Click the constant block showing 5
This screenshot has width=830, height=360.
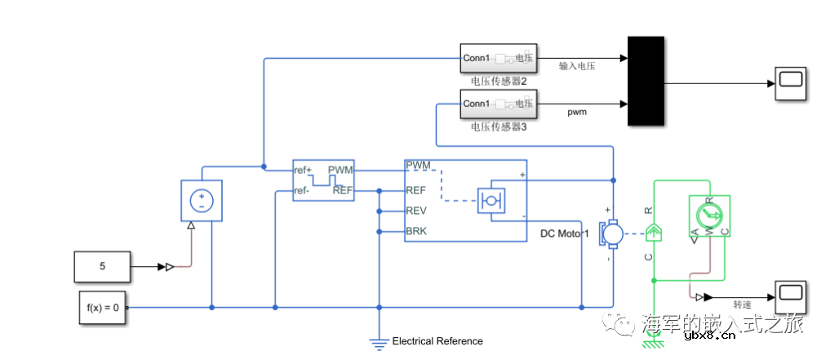(102, 266)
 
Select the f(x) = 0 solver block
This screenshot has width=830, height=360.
(103, 308)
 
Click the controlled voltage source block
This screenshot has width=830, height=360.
(202, 200)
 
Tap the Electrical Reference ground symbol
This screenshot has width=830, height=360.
(379, 343)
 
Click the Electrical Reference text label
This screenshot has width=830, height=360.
(437, 341)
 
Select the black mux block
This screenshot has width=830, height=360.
(646, 81)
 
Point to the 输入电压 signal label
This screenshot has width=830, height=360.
(577, 66)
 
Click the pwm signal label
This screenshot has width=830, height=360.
(577, 112)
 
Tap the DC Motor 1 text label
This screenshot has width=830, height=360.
(564, 234)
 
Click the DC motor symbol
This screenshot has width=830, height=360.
(611, 234)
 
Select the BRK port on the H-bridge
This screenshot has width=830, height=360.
(416, 231)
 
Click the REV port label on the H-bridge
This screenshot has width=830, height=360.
(416, 211)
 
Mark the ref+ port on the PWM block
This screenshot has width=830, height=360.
(304, 171)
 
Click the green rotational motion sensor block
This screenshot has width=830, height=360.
(708, 216)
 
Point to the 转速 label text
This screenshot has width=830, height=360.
(742, 304)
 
